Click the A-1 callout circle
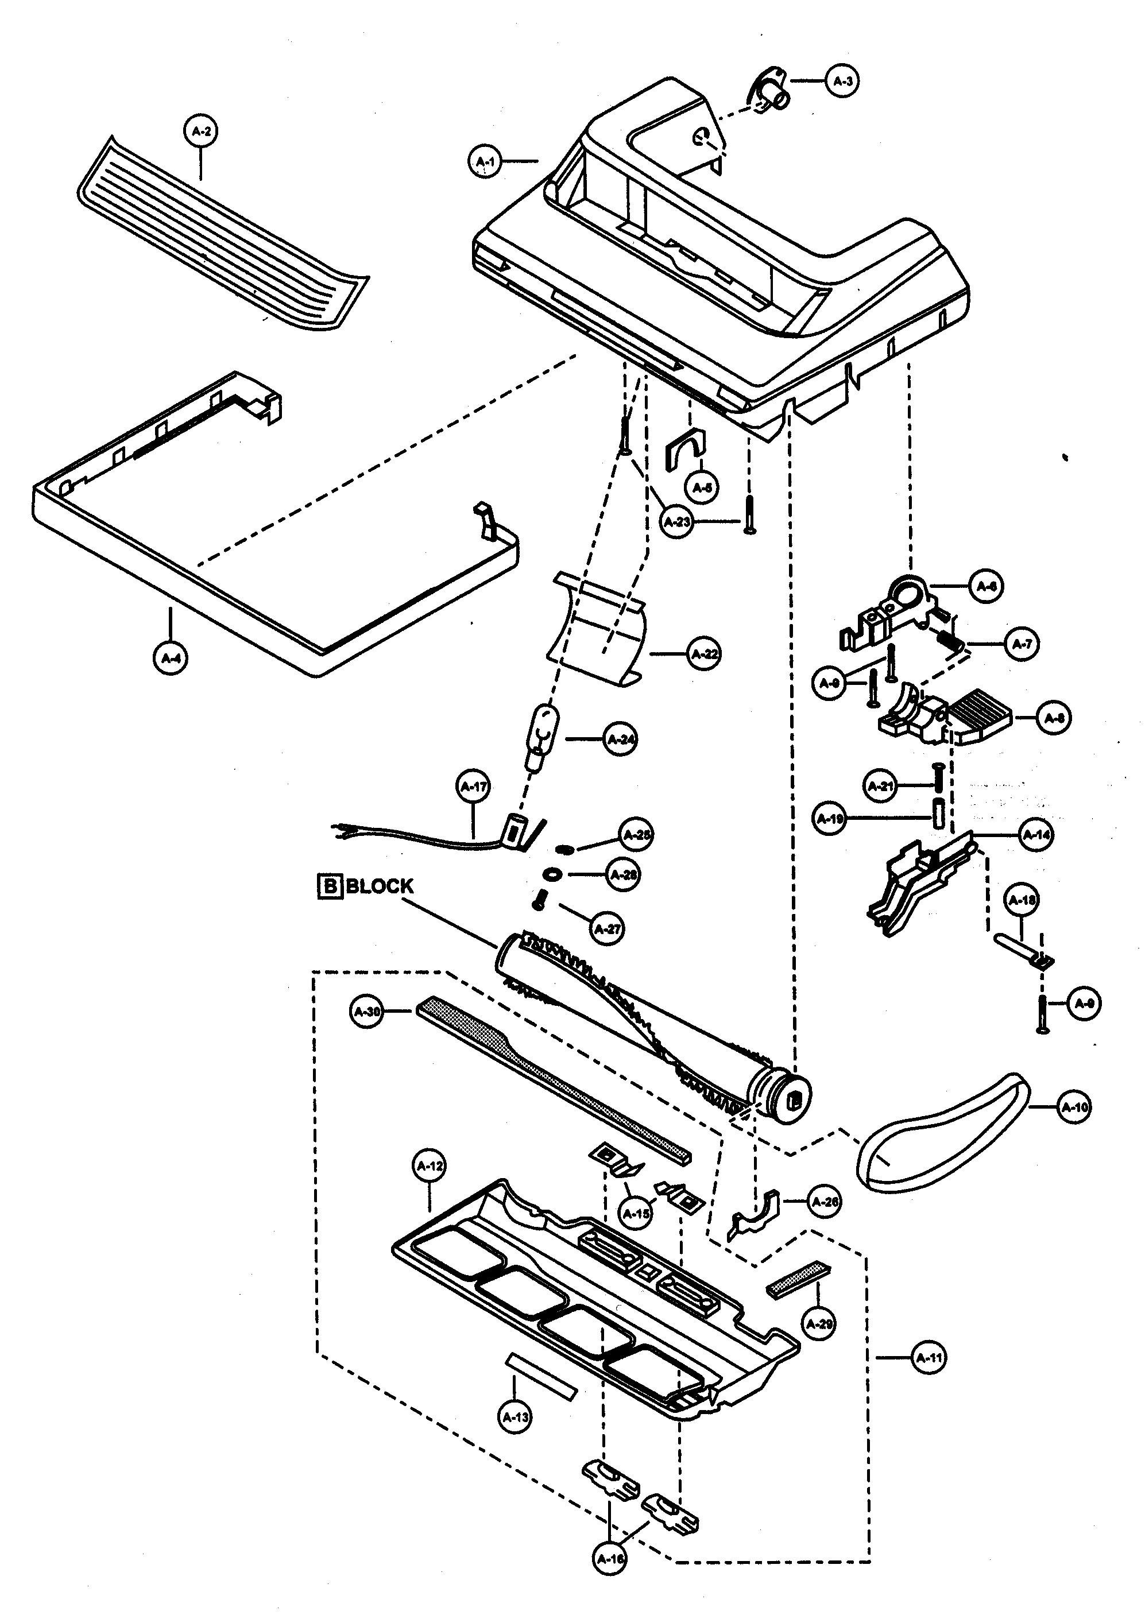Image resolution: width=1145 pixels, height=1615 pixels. [485, 161]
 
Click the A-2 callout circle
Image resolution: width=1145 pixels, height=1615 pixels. [201, 131]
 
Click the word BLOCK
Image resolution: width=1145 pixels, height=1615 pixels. [380, 886]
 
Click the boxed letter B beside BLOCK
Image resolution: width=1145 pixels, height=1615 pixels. [329, 886]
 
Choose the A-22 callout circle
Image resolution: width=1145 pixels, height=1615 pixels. [703, 653]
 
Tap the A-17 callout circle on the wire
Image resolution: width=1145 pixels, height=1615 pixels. [474, 787]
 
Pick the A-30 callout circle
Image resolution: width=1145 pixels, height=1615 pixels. [366, 1012]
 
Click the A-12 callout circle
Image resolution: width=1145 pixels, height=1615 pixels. [430, 1166]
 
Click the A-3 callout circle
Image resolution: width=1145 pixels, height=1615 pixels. [842, 81]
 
